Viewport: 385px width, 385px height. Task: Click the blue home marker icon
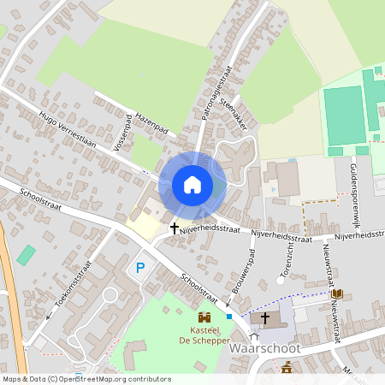click(x=192, y=185)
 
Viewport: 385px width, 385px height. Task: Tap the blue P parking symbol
click(x=140, y=269)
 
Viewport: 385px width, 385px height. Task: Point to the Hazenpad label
click(x=150, y=122)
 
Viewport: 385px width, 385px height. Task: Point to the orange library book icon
click(x=337, y=293)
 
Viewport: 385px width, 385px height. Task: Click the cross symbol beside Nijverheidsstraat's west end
click(x=175, y=228)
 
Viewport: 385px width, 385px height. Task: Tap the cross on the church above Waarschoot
click(x=265, y=318)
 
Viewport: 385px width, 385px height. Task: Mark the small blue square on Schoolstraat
click(x=229, y=317)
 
